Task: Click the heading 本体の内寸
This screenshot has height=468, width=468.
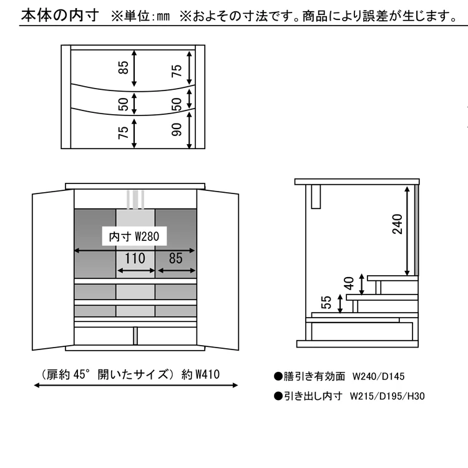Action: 60,16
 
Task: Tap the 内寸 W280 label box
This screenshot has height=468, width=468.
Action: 134,236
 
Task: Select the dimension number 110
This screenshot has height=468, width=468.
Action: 135,258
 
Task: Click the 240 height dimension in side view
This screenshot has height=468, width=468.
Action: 397,224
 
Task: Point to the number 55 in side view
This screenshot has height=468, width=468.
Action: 326,302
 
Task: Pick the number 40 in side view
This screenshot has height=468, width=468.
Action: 349,283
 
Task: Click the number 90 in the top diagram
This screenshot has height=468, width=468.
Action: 177,129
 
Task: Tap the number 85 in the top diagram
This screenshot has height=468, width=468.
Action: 124,67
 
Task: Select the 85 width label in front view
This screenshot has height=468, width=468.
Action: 175,258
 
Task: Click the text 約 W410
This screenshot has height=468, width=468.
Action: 200,374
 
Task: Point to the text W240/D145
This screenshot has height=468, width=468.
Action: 378,376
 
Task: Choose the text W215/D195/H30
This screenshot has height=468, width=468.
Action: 387,396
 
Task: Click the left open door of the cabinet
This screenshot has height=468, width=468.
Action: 53,270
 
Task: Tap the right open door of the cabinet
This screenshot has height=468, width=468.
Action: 218,270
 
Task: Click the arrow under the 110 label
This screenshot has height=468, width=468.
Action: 136,271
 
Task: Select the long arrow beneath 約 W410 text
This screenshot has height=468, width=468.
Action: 136,386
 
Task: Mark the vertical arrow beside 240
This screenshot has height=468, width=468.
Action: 407,231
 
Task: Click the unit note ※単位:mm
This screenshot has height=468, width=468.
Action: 140,16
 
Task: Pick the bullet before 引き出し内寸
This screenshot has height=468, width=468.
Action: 278,396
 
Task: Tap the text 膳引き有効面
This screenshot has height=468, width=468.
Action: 314,376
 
